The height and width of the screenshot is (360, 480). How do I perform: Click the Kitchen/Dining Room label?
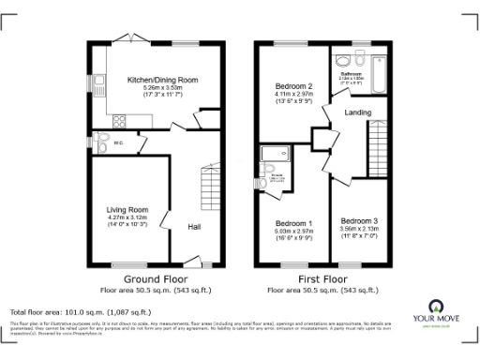(163, 82)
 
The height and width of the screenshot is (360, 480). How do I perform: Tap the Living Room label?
(125, 209)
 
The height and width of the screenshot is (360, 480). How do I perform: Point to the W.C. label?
(119, 143)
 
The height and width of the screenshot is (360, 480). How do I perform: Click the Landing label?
(358, 112)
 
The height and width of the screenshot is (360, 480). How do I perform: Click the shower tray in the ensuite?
(277, 156)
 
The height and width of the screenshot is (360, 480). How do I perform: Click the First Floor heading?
(321, 279)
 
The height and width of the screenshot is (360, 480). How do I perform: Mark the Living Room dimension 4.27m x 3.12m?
(125, 218)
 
